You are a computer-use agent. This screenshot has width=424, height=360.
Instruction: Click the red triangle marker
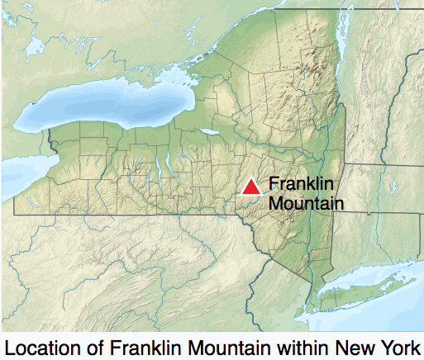click(251, 187)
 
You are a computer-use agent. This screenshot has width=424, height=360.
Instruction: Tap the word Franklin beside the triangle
click(294, 185)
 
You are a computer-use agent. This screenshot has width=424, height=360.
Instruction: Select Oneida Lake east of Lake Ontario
click(211, 132)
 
